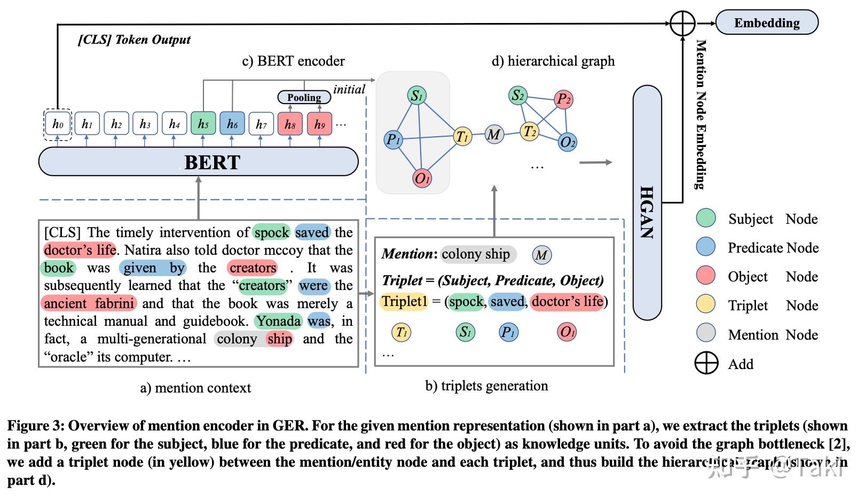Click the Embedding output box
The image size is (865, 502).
766,22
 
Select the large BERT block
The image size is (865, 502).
198,162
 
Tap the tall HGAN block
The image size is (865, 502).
647,203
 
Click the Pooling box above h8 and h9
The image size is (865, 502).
304,97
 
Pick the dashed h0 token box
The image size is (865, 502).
58,124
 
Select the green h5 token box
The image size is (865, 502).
203,124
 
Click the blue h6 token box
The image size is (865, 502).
232,124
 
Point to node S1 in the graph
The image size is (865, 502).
416,96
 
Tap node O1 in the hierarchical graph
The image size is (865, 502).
422,178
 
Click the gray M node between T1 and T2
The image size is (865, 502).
494,135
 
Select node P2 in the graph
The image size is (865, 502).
563,99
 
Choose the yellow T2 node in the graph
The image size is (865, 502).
529,131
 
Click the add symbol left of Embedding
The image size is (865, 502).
682,23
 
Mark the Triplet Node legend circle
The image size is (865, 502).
706,304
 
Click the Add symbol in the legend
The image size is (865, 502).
706,363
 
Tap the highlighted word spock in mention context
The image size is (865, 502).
271,232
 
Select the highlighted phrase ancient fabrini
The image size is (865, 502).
89,303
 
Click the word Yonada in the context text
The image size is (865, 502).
278,321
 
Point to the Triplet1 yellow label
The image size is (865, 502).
404,301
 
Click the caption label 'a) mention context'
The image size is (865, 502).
195,388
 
